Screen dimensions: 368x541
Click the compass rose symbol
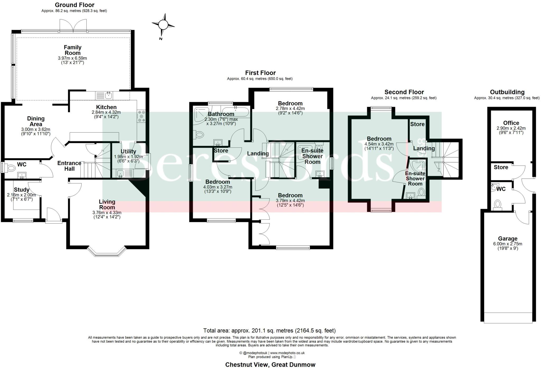163,25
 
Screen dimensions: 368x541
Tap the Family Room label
73,50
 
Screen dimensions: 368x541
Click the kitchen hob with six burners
141,116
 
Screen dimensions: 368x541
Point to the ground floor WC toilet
11,167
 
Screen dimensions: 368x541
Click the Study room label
22,190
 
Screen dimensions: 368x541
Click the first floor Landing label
258,153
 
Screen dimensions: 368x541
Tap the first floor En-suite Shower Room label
313,156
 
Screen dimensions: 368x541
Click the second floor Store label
417,124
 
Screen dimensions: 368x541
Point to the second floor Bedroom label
379,139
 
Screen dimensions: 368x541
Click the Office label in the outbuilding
511,123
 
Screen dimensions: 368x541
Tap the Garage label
507,239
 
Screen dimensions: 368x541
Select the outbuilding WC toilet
498,204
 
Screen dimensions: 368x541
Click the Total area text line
269,330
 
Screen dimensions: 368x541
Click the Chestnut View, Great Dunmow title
270,365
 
